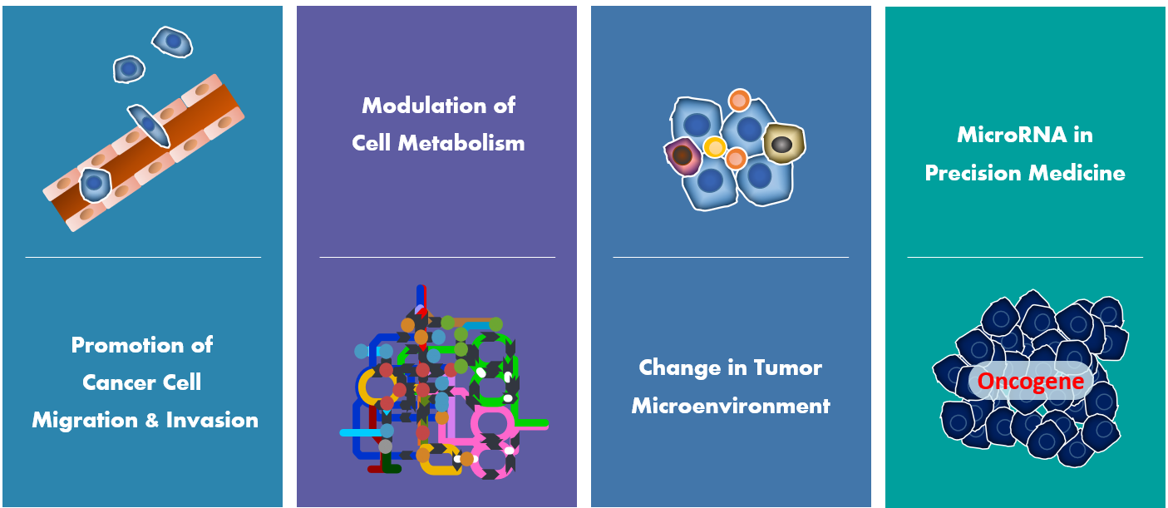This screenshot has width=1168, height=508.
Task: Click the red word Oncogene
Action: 1030,382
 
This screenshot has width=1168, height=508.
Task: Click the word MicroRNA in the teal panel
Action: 1012,135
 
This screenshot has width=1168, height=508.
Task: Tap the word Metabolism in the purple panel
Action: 461,143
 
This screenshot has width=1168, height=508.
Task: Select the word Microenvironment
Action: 731,406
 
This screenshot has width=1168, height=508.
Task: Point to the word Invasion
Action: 212,420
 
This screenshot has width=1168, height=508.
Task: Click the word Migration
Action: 85,421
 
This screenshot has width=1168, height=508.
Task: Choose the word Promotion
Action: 126,345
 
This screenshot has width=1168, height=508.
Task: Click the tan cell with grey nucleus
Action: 784,144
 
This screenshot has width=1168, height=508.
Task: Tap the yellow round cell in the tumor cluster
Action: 714,147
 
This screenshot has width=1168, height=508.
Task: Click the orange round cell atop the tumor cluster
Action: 739,100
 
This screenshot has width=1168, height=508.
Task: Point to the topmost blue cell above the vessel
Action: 172,42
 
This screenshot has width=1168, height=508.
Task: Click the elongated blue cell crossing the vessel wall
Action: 149,126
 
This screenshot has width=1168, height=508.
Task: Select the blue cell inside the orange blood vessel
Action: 95,184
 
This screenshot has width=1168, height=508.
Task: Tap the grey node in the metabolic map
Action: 386,446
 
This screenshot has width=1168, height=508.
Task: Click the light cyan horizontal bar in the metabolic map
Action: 361,433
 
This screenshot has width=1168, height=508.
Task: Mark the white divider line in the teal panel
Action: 1025,257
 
